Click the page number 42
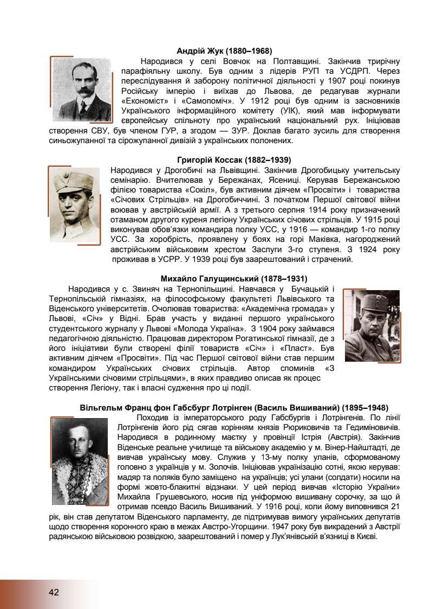53,592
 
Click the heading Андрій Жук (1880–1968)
224,51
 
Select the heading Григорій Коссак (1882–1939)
233,160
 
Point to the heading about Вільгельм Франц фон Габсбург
234,408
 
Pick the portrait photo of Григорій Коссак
75,204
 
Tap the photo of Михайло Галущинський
372,325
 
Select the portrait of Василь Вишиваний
81,460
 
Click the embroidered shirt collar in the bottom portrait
81,477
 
